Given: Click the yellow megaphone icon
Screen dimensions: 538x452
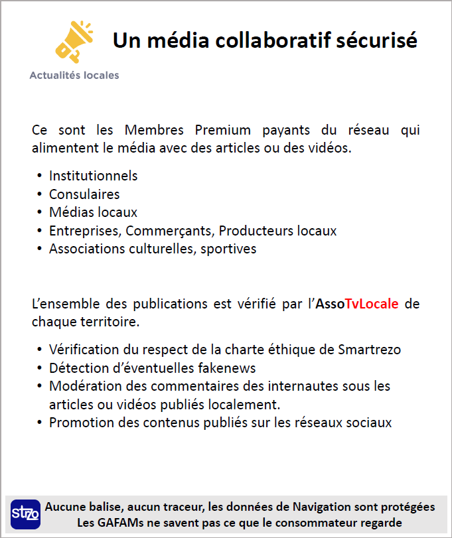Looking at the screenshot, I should pyautogui.click(x=73, y=41).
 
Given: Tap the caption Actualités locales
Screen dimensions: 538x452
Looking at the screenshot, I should pyautogui.click(x=74, y=76).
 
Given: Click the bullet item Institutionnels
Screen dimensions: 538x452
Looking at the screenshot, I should pyautogui.click(x=93, y=176).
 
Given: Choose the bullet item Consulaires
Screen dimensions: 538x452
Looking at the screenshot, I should pyautogui.click(x=84, y=194).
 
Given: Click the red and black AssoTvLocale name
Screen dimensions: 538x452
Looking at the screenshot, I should pyautogui.click(x=358, y=304).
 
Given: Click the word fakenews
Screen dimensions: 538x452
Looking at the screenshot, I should pyautogui.click(x=226, y=368).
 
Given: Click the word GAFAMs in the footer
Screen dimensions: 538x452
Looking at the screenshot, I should pyautogui.click(x=123, y=523).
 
